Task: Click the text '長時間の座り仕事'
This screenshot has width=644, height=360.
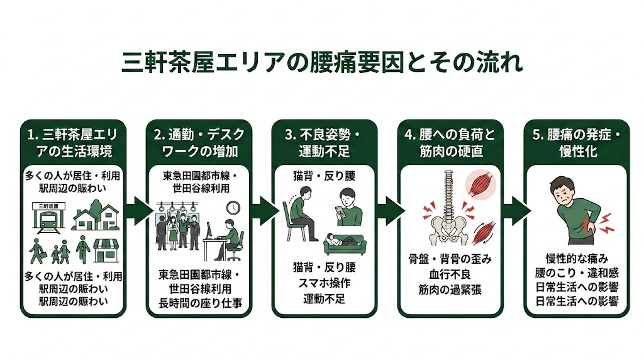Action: [199, 301]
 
